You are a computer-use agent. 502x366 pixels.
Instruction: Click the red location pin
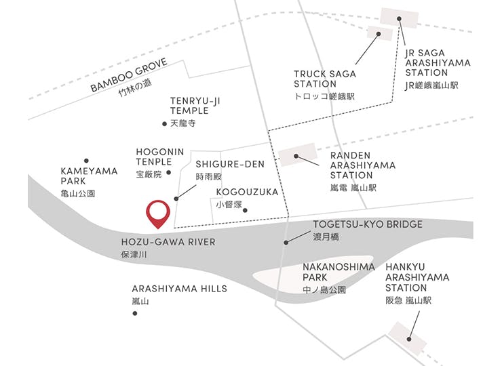pos(158,213)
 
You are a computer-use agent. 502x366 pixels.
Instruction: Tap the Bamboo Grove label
pos(129,75)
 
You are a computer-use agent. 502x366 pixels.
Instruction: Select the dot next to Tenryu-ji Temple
pos(165,124)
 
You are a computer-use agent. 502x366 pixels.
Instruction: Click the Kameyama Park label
pos(89,176)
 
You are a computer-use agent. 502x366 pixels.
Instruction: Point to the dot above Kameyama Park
pos(86,161)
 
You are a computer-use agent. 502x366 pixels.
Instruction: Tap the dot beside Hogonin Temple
pos(169,173)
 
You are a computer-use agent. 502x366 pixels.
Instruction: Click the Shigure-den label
pos(230,164)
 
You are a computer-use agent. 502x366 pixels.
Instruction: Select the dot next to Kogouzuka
pos(245,210)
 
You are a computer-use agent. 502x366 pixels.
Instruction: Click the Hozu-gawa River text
pos(168,242)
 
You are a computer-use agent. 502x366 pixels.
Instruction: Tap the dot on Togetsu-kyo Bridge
pos(286,243)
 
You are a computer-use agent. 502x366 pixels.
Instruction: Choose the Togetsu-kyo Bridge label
pos(368,224)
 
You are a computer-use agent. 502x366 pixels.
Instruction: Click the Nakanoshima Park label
pos(339,272)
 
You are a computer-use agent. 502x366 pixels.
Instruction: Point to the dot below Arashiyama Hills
pos(135,313)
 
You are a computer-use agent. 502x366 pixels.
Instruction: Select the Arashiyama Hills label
pos(179,289)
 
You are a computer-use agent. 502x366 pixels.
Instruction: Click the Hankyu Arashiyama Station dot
pos(409,339)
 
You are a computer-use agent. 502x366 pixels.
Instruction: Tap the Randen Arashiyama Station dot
pos(296,156)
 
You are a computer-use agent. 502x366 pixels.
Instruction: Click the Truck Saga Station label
pos(325,79)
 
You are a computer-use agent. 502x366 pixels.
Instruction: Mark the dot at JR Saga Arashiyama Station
pos(399,18)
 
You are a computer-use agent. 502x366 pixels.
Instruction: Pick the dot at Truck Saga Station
pos(379,34)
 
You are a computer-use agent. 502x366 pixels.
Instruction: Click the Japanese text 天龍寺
pos(182,123)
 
